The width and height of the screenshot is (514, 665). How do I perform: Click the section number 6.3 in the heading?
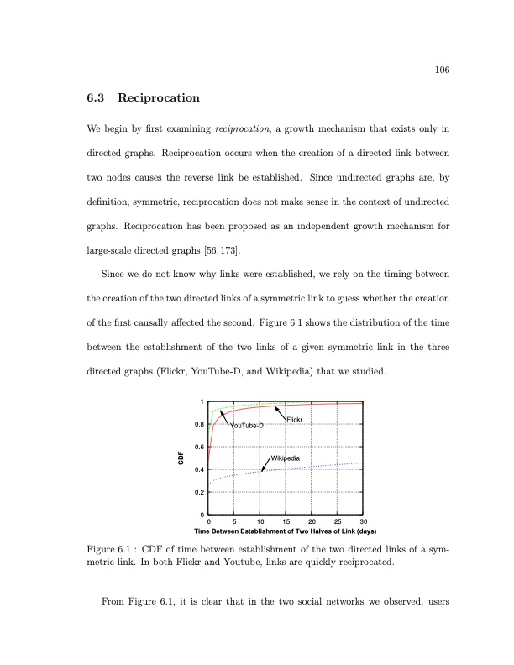coord(95,98)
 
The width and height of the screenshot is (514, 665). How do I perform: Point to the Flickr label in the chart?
coord(295,419)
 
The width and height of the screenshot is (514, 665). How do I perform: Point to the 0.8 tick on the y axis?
coord(199,425)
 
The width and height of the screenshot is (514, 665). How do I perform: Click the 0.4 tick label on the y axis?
coord(199,469)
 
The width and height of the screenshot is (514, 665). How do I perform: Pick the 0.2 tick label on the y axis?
coord(199,492)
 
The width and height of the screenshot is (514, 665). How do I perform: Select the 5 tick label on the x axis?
coord(234,522)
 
